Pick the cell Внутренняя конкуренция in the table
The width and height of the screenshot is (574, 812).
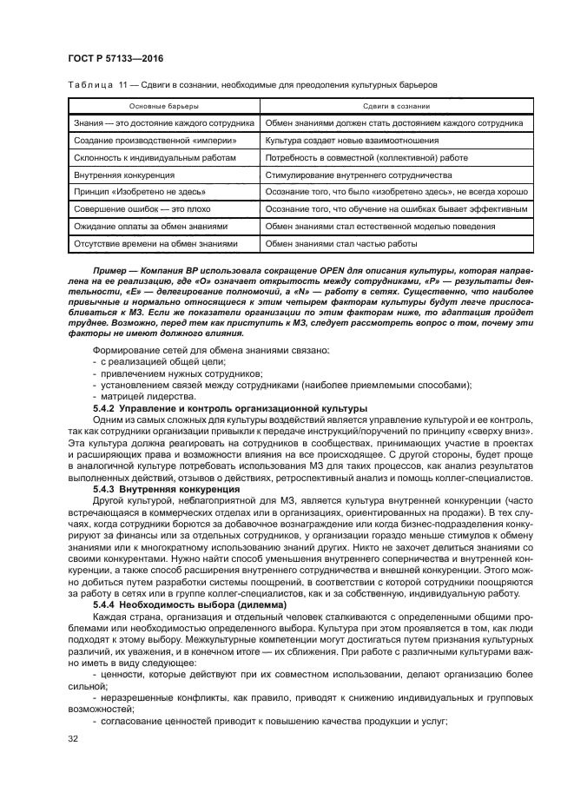tap(128, 175)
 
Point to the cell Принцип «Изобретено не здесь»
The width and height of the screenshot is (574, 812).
tap(140, 192)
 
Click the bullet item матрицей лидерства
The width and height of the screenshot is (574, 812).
tap(147, 396)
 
